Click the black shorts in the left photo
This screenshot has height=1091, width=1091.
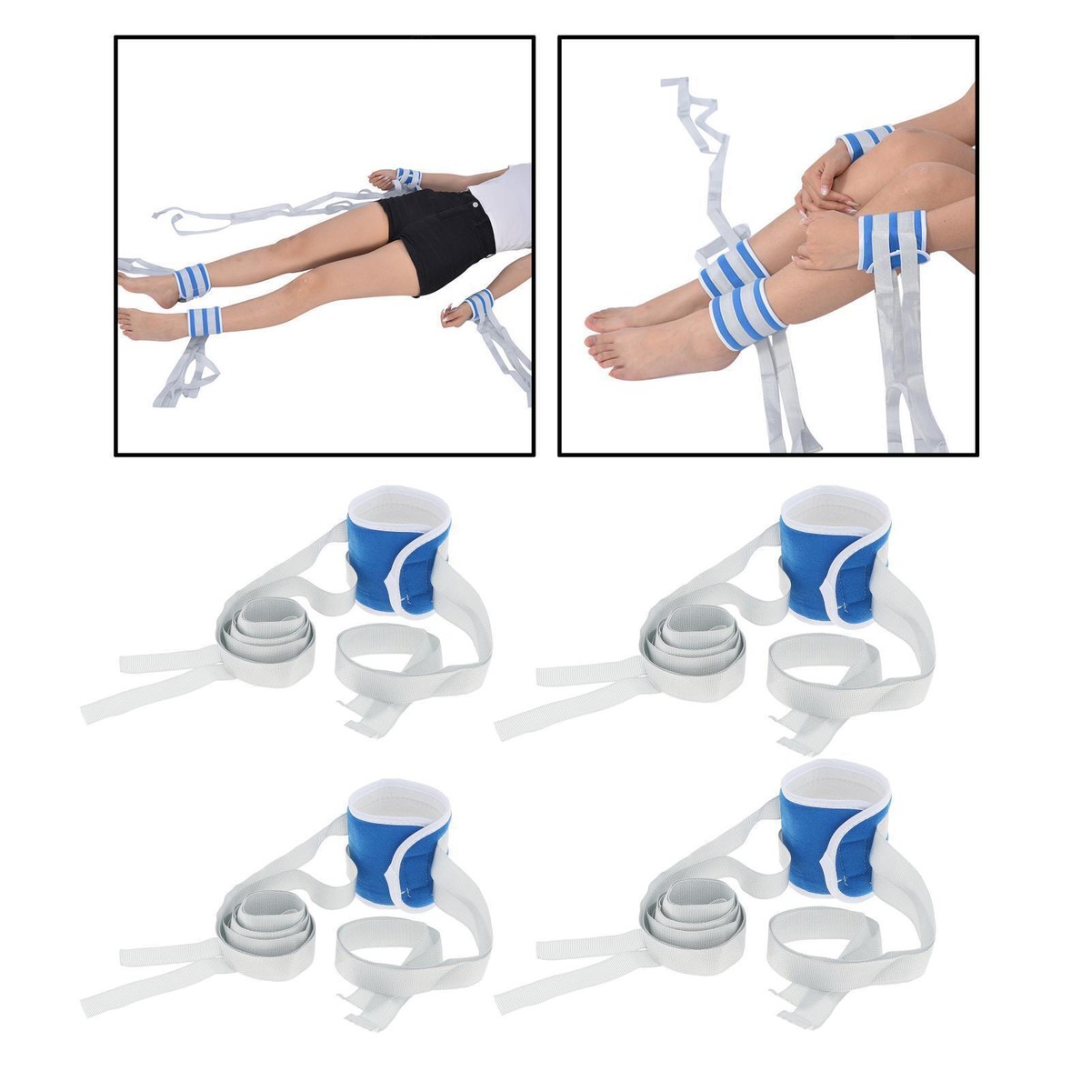pos(436,227)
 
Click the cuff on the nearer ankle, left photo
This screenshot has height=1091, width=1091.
pos(205,321)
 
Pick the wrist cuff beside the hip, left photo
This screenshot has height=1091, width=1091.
pos(408,178)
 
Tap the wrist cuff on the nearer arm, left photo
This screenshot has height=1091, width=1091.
pos(477,304)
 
